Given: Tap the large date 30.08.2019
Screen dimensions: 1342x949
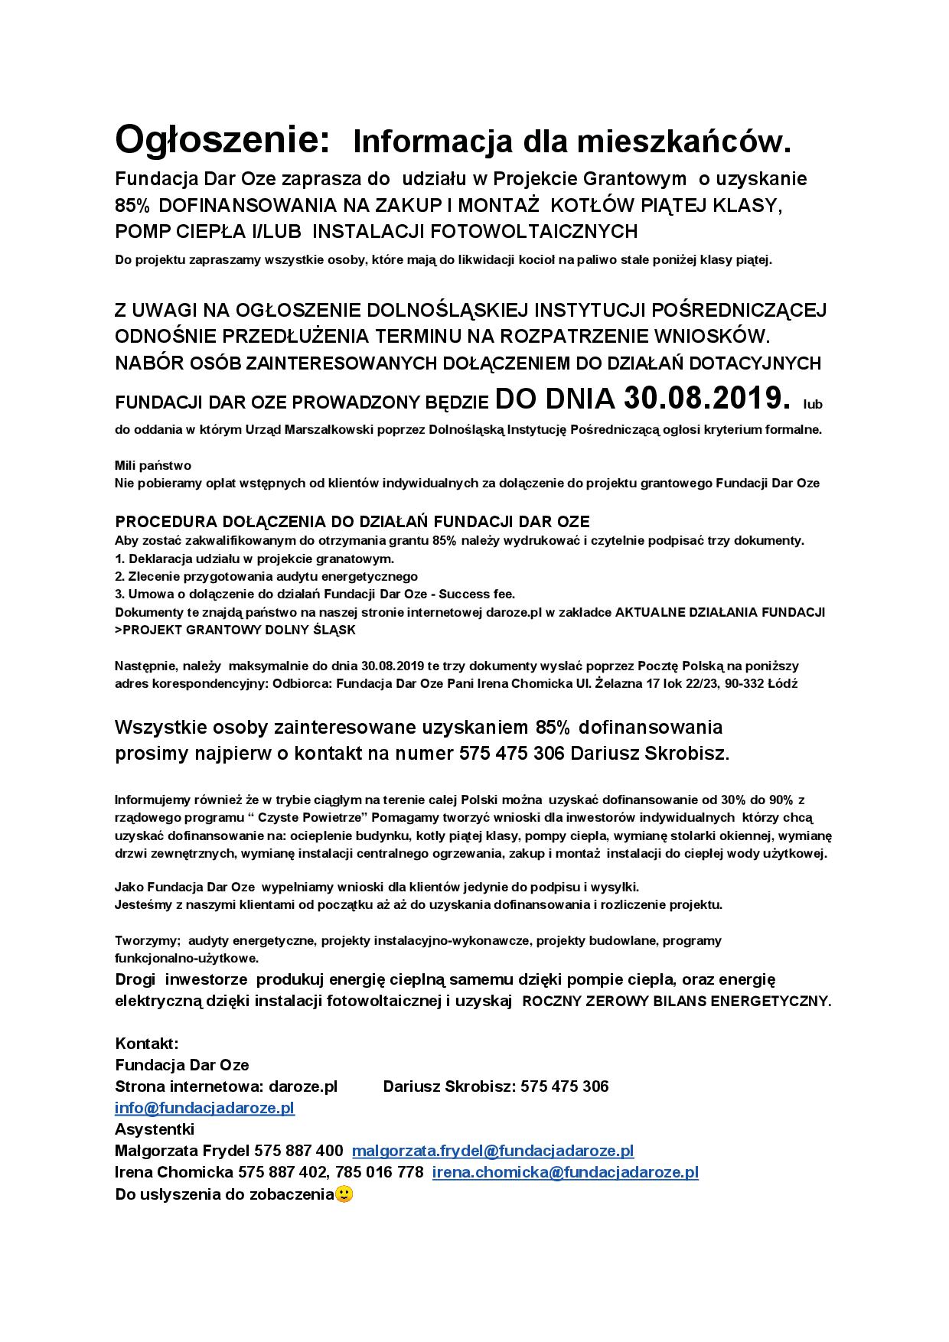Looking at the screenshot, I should (x=706, y=398).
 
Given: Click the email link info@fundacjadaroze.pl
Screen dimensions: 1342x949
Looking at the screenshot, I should (x=204, y=1108).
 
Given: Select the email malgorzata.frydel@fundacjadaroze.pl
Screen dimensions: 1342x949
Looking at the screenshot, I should (x=493, y=1151).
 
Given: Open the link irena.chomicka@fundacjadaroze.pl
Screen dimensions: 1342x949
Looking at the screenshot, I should (x=566, y=1172).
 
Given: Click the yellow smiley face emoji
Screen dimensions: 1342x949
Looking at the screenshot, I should (x=344, y=1194).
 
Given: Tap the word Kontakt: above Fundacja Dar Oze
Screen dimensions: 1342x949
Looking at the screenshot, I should (x=147, y=1044).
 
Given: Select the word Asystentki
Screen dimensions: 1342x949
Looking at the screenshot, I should (x=155, y=1129).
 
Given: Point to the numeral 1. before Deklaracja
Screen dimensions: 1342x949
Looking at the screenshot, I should (x=119, y=559).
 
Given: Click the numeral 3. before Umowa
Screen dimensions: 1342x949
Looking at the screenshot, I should (x=119, y=594).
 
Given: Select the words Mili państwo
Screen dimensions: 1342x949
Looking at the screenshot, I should (x=153, y=465).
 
